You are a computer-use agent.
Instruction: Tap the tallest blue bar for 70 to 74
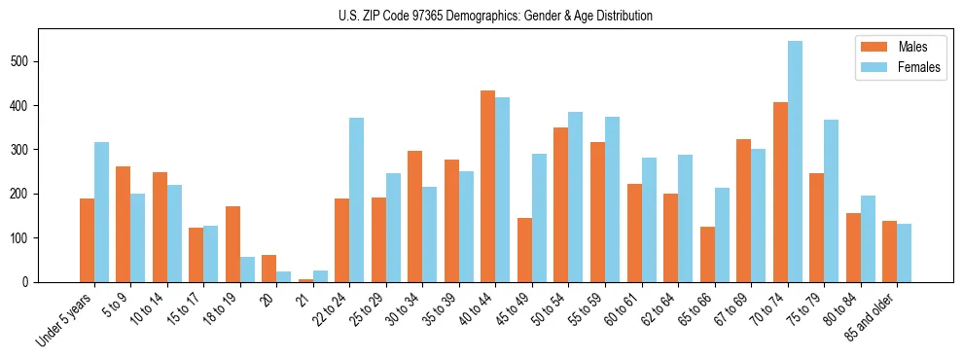click(x=795, y=162)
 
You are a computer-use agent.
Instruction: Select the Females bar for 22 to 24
click(x=357, y=200)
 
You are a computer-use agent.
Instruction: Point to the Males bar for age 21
click(x=305, y=280)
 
